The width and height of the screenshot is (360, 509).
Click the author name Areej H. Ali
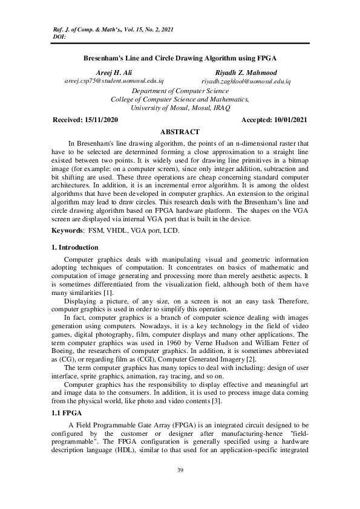coord(110,72)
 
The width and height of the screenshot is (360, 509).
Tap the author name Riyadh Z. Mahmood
coord(246,72)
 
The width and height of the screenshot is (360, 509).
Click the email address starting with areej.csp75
coord(114,80)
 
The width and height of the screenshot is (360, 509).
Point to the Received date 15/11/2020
coord(85,120)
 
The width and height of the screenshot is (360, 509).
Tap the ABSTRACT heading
coord(180,132)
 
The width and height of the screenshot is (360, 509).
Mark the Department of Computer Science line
coord(180,91)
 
